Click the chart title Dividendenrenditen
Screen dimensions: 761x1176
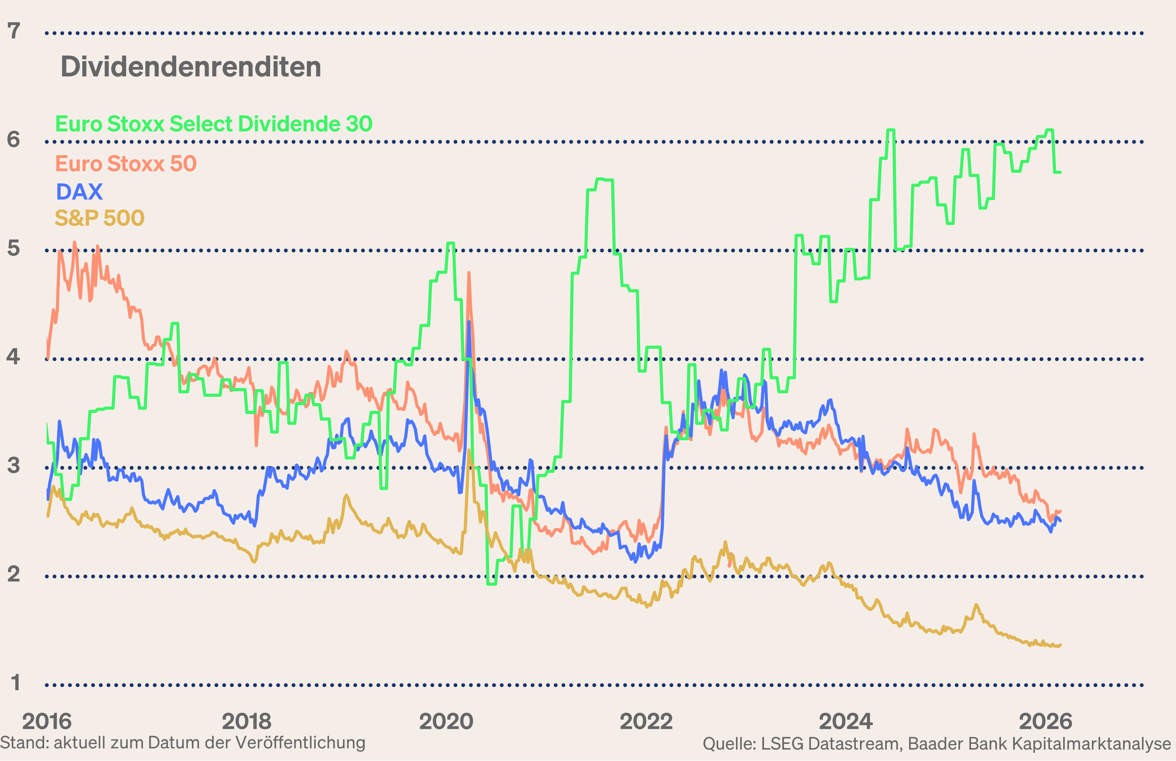coord(191,67)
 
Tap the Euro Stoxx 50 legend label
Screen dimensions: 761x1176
coord(126,164)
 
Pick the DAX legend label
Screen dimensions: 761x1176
coord(79,192)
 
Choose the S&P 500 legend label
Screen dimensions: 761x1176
coord(99,218)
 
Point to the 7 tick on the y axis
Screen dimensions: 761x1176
coord(14,31)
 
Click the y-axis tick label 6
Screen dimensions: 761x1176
coord(14,140)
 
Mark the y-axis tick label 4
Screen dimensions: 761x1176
coord(14,357)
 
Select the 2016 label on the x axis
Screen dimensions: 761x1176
coord(47,721)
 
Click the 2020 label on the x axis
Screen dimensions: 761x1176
coord(446,721)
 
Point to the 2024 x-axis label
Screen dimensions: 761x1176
coord(845,721)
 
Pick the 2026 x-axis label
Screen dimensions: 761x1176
coord(1045,721)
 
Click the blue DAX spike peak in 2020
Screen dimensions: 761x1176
coord(468,322)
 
